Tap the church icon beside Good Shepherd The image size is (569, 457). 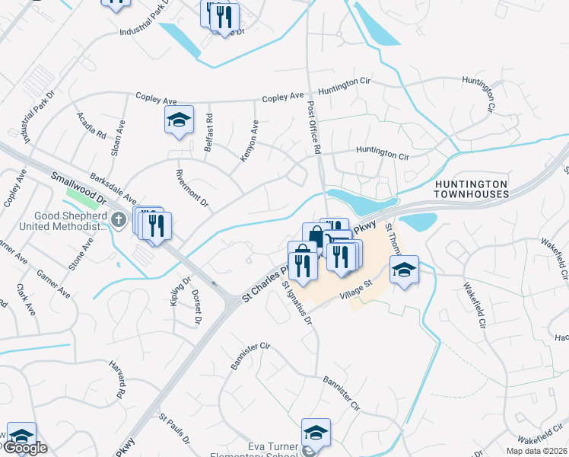(118, 220)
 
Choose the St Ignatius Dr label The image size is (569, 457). (297, 302)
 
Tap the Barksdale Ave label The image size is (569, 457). (113, 186)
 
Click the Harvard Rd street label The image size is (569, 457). (119, 382)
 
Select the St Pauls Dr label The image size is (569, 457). (175, 430)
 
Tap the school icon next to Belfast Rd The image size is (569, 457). (180, 120)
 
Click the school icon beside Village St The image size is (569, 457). (405, 270)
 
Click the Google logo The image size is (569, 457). (24, 448)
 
